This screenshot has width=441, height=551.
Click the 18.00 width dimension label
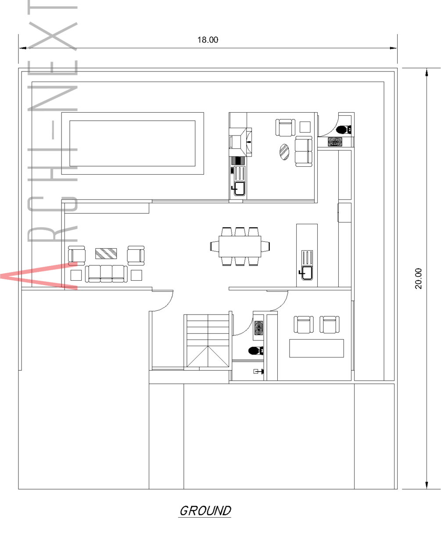point(208,39)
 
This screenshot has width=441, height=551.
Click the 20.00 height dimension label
point(418,278)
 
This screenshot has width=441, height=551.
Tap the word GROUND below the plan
point(205,511)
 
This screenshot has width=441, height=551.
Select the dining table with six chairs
point(240,246)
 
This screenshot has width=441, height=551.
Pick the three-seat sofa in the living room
point(106,274)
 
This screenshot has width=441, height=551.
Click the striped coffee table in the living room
point(106,254)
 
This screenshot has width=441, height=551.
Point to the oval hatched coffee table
point(284,152)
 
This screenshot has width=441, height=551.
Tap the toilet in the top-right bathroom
point(344,129)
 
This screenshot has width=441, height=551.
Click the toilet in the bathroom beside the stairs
point(256,351)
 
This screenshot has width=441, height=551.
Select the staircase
point(208,341)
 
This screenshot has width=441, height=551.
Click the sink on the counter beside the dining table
point(307,273)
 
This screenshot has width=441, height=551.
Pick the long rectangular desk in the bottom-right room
point(316,348)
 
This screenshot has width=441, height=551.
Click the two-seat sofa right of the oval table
point(304,151)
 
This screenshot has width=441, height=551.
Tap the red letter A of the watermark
point(39,276)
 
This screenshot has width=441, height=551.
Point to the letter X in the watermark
point(53,36)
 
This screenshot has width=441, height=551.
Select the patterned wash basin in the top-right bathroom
point(335,142)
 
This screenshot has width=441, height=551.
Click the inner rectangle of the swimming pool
point(133,143)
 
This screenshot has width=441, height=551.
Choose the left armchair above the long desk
point(304,325)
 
